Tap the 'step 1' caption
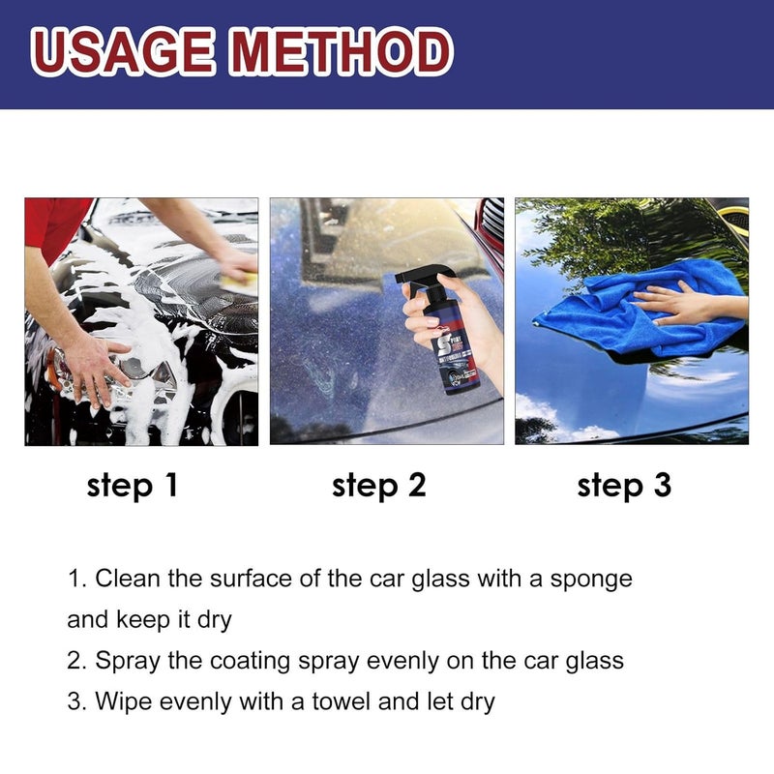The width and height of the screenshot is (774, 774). coord(133,486)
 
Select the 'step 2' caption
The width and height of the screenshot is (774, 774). coord(378,486)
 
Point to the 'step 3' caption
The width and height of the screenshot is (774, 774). coord(624,486)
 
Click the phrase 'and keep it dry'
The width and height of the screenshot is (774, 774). coord(149,619)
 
